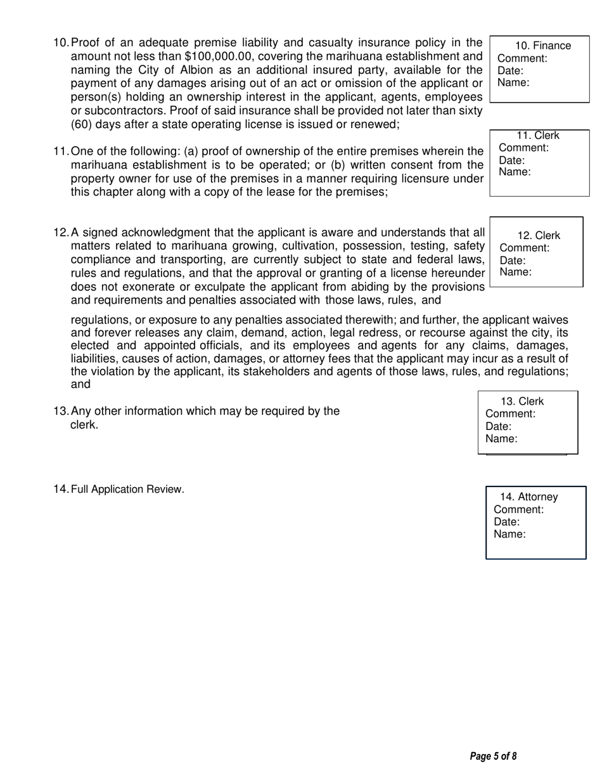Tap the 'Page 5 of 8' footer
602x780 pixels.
point(494,756)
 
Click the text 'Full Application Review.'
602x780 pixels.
point(127,489)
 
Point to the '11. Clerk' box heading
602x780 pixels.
point(538,136)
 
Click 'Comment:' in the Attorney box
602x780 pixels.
point(518,509)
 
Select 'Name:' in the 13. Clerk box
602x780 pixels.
point(501,438)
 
